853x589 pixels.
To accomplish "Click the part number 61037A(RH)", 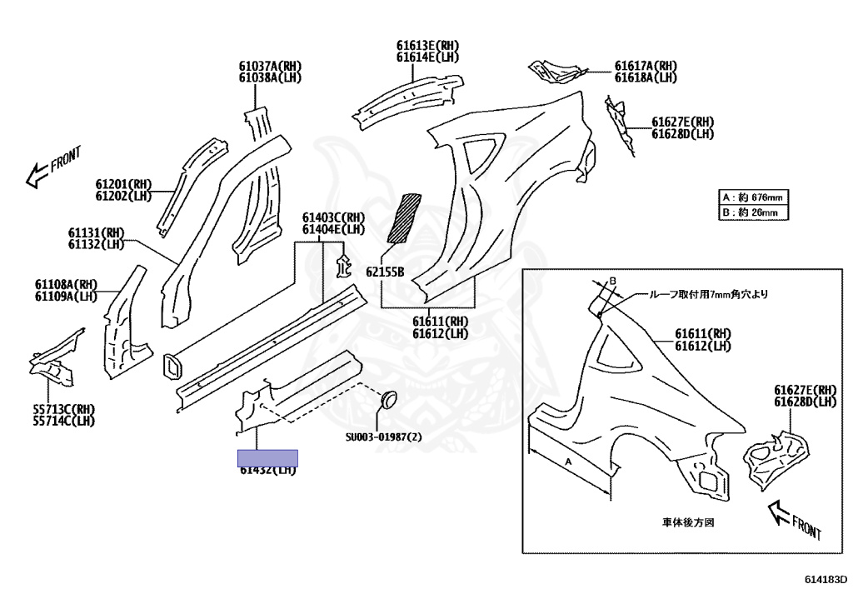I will [269, 66].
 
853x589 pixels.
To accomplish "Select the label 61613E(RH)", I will [427, 46].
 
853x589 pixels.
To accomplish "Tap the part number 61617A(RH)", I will [646, 66].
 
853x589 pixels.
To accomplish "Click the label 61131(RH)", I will [96, 232].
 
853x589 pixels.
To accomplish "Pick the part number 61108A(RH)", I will [66, 284].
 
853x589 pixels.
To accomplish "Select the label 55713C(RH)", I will [63, 409].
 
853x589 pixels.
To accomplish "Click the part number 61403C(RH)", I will [333, 217].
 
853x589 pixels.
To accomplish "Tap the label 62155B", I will [384, 272].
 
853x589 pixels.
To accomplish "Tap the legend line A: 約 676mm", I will [753, 197].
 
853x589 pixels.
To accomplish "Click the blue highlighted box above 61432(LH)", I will [267, 457].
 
